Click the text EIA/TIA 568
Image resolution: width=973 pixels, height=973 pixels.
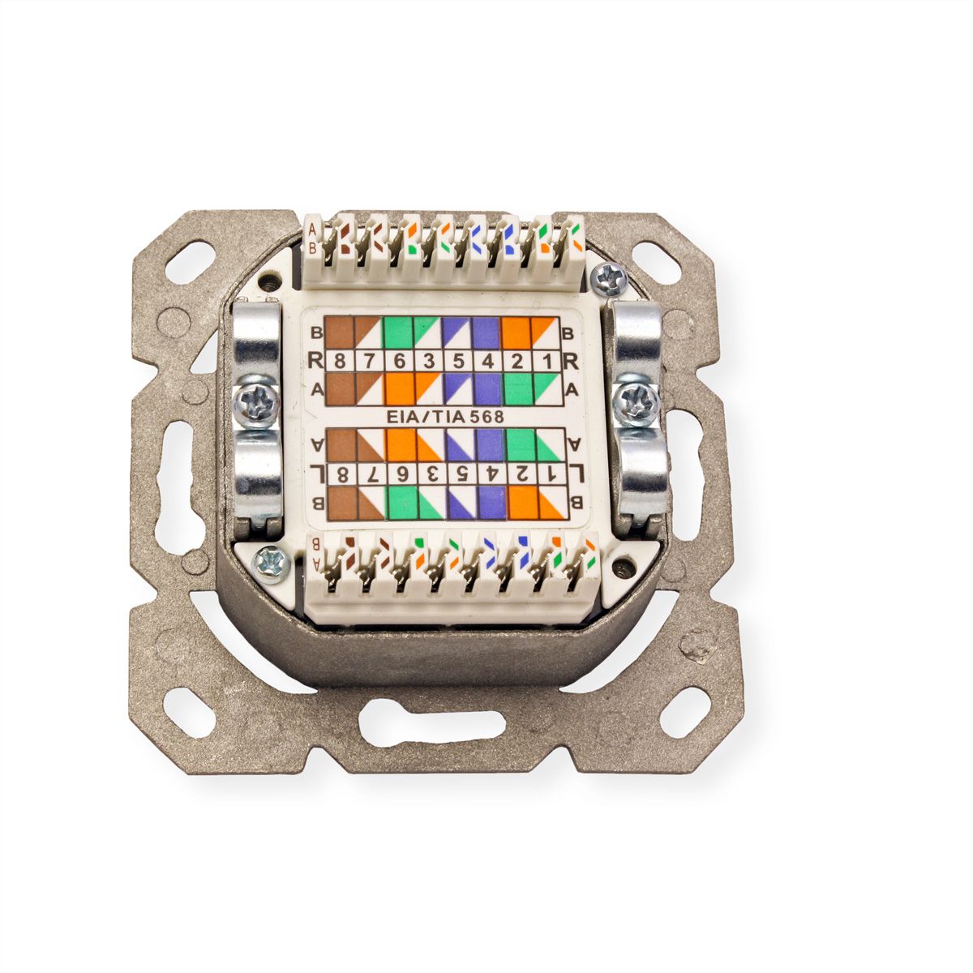click(445, 417)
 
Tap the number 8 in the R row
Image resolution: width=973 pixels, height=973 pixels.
click(341, 362)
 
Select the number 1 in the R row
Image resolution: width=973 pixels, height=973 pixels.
click(547, 362)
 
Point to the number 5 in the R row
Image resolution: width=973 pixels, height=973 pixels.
click(458, 362)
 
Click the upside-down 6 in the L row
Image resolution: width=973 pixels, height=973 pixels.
click(401, 474)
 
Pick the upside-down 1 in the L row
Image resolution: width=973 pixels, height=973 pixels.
click(551, 474)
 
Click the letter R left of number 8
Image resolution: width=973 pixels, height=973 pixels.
click(316, 362)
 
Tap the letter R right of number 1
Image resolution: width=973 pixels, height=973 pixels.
click(570, 362)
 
